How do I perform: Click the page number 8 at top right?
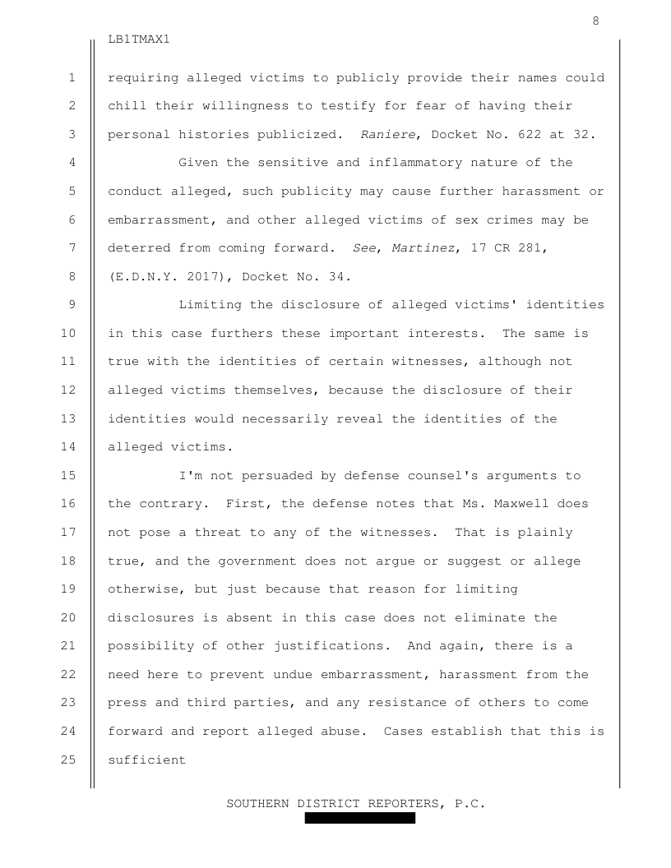coord(595,21)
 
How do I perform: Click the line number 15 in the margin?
coord(72,476)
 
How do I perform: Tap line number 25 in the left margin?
coord(72,760)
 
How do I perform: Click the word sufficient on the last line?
coord(146,760)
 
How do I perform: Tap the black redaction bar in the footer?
coord(359,819)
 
